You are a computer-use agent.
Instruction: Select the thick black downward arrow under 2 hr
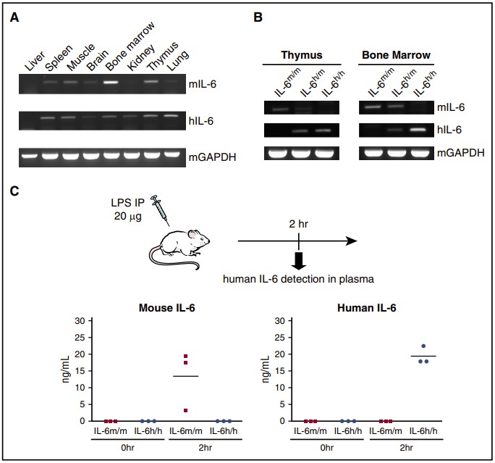pos(297,258)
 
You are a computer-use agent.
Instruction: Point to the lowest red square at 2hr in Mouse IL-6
pos(186,411)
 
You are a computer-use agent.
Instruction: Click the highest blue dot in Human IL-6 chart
pos(423,346)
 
